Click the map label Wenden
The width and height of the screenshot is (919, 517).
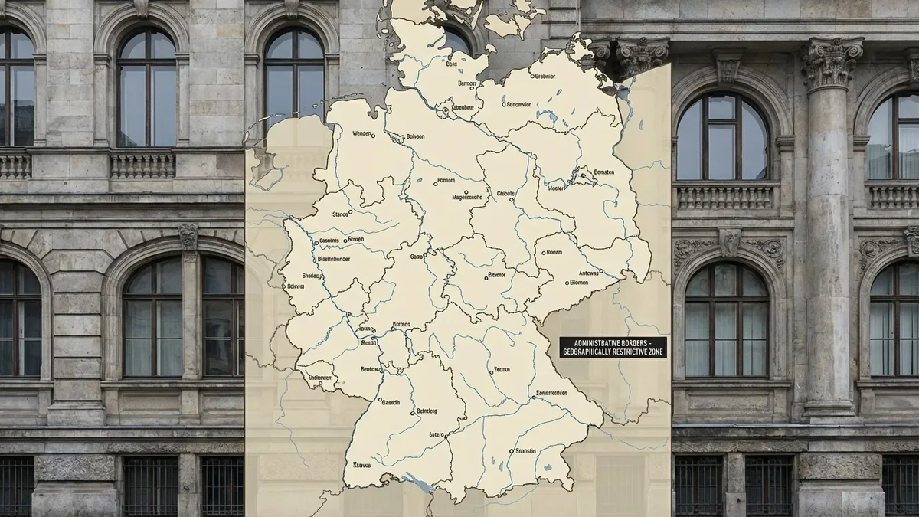pyautogui.click(x=365, y=133)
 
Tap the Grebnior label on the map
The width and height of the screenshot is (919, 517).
pyautogui.click(x=545, y=76)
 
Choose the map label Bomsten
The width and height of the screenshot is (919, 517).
pyautogui.click(x=603, y=172)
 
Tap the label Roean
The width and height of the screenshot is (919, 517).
pyautogui.click(x=554, y=251)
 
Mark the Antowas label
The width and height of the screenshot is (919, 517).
pyautogui.click(x=589, y=273)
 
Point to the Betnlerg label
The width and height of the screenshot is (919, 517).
pyautogui.click(x=426, y=411)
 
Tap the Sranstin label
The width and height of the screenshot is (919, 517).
pyautogui.click(x=526, y=451)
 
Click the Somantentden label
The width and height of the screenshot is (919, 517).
pyautogui.click(x=551, y=392)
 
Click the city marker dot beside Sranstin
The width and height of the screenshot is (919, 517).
pyautogui.click(x=511, y=451)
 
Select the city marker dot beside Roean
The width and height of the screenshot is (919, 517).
pyautogui.click(x=543, y=252)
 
